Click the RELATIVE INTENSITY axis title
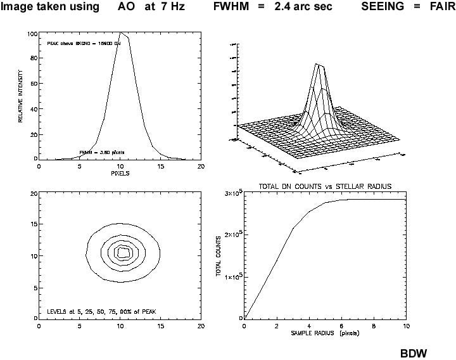21,96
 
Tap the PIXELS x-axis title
120,173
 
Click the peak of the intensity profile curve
120,32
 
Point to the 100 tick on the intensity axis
32,33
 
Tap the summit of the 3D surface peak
320,65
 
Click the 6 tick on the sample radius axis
341,326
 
